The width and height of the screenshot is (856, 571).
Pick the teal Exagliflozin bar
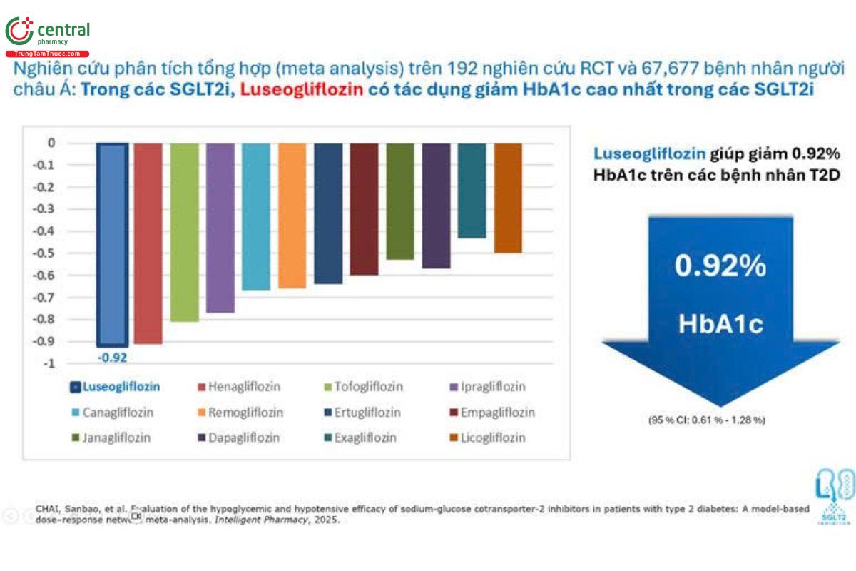[x=472, y=190]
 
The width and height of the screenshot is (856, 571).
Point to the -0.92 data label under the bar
[x=112, y=357]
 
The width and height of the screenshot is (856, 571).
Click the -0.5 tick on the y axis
[x=46, y=253]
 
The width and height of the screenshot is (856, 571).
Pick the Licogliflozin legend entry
[x=491, y=438]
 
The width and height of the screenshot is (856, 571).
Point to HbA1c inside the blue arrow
[x=720, y=324]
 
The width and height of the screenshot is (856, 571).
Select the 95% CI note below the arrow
[x=706, y=420]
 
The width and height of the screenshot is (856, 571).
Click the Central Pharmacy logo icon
[x=19, y=31]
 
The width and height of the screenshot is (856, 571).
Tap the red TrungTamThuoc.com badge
[x=47, y=54]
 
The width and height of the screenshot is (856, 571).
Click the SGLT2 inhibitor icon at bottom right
[x=835, y=496]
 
